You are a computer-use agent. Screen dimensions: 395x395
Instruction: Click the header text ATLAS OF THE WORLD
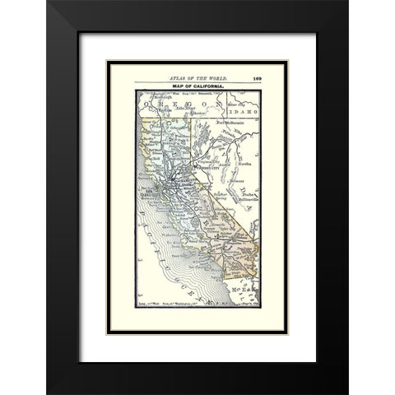[197, 76]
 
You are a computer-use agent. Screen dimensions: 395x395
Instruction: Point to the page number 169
[258, 76]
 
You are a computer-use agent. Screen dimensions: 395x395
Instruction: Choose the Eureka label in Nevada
[244, 162]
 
